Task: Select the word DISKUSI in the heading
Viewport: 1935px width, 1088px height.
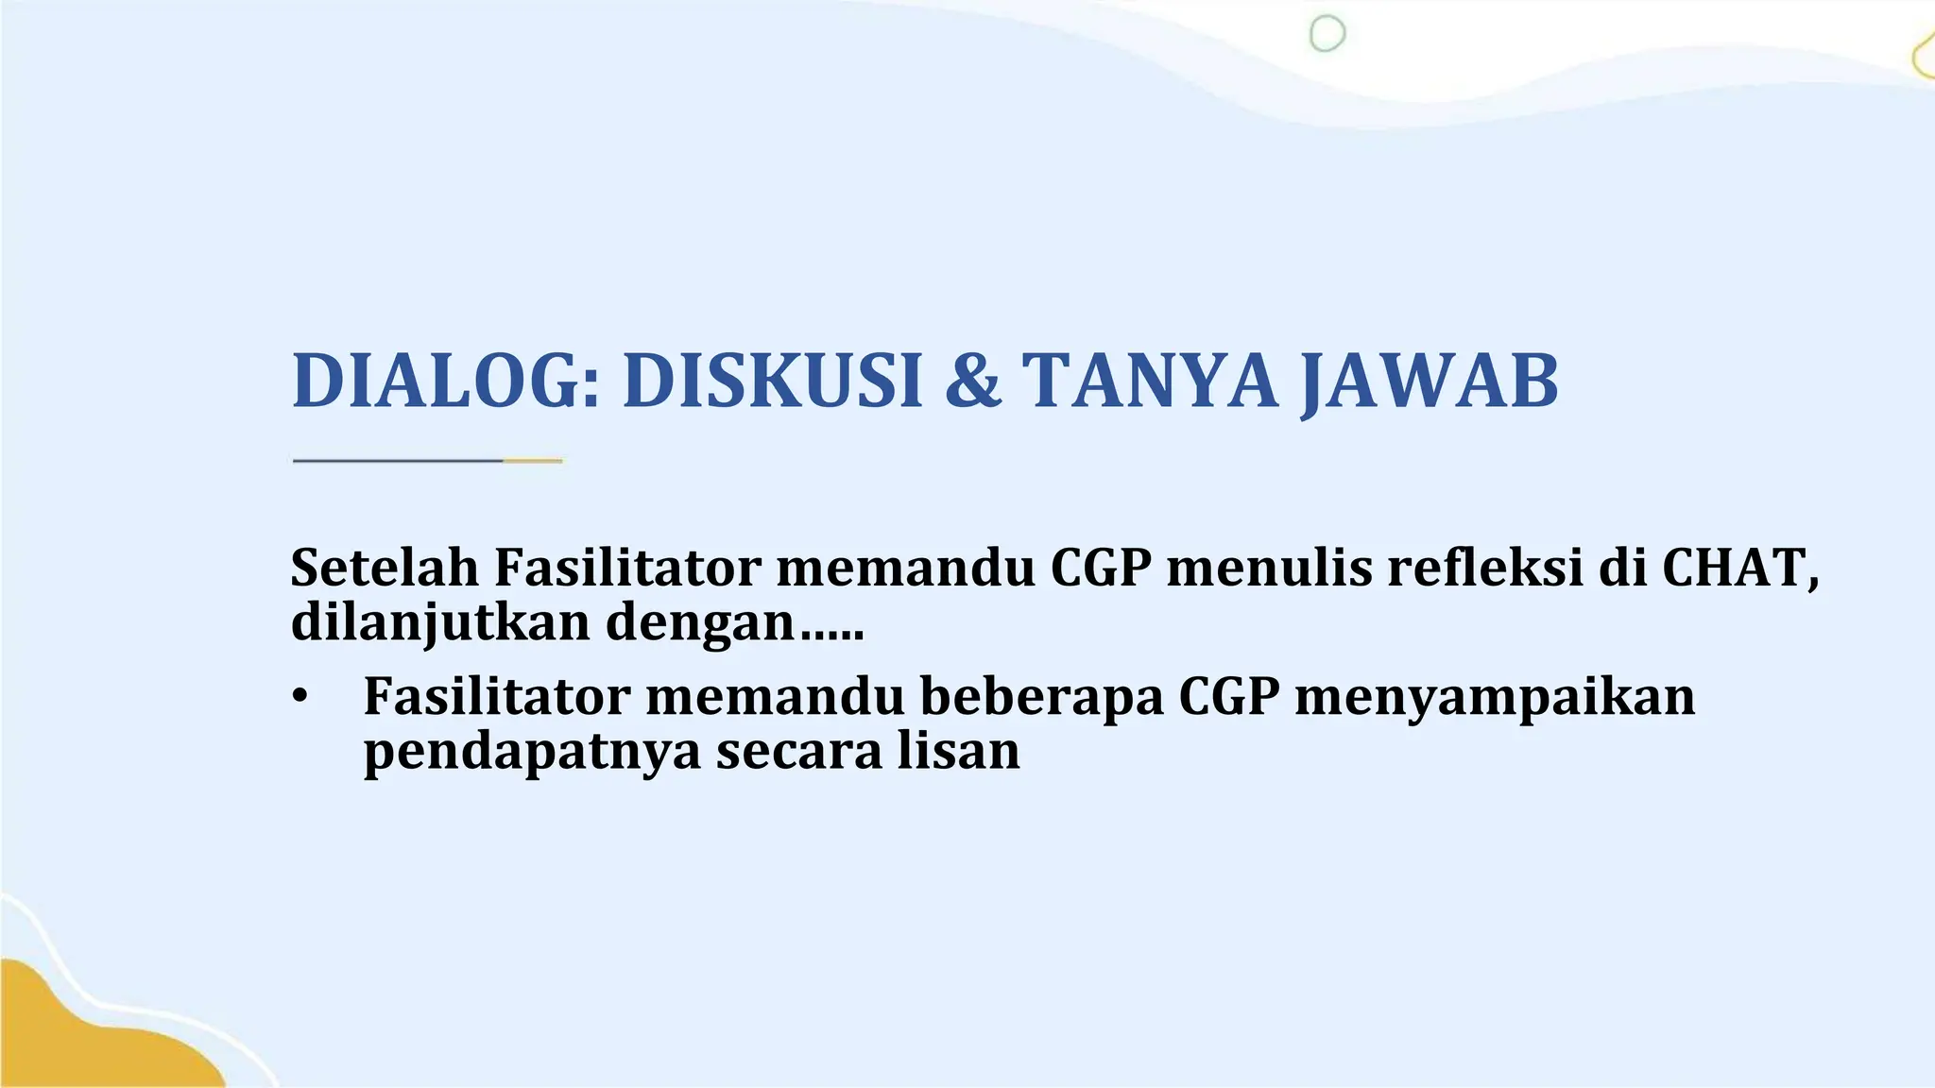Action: tap(772, 381)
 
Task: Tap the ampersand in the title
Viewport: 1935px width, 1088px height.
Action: tap(972, 381)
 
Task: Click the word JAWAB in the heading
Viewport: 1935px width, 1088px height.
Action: tap(1429, 381)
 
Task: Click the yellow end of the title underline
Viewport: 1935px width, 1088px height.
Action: tap(534, 461)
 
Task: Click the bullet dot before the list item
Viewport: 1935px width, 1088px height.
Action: tap(300, 697)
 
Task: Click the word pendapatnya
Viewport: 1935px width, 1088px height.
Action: tap(532, 752)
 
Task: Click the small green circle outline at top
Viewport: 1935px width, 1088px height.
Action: tap(1327, 34)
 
